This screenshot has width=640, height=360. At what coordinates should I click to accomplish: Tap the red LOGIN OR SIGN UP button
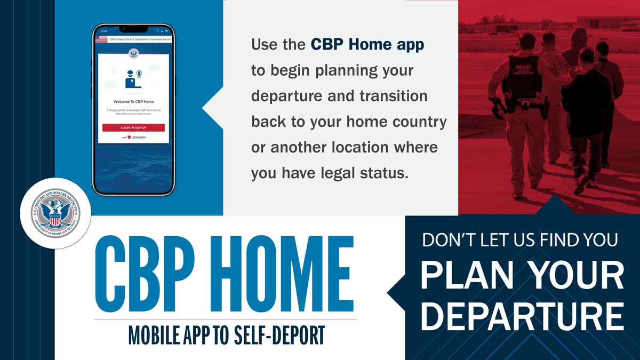pyautogui.click(x=133, y=128)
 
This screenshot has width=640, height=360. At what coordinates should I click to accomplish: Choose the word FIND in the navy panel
pyautogui.click(x=553, y=241)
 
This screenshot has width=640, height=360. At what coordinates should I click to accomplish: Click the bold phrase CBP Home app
pyautogui.click(x=368, y=45)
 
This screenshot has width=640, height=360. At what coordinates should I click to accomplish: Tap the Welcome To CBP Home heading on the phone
pyautogui.click(x=133, y=101)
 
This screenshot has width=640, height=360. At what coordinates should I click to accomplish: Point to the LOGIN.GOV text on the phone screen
pyautogui.click(x=138, y=138)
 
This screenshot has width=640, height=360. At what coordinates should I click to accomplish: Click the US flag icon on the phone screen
pyautogui.click(x=101, y=40)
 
